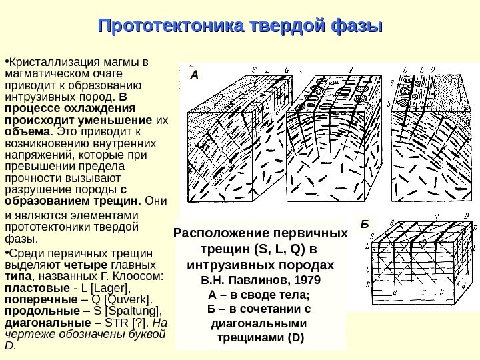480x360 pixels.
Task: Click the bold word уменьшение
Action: coord(110,120)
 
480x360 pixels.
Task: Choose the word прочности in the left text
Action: coord(32,178)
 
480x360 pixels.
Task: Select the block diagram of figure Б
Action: coord(420,263)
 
